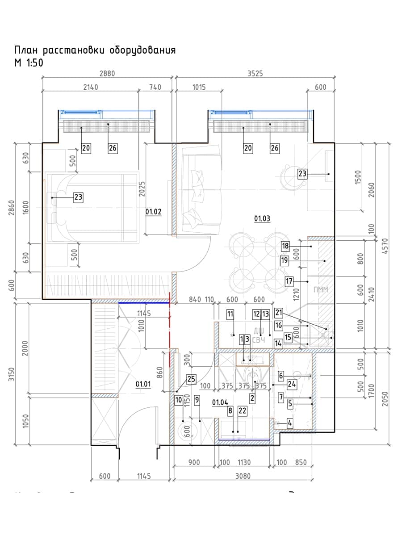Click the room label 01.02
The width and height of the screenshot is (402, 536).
pyautogui.click(x=153, y=212)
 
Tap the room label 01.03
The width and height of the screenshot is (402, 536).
pyautogui.click(x=262, y=218)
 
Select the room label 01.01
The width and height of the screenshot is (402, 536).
pyautogui.click(x=143, y=383)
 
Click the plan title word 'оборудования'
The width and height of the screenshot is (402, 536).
pyautogui.click(x=142, y=50)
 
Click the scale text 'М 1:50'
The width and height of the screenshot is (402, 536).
pyautogui.click(x=29, y=63)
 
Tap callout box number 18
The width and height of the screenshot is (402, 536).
pyautogui.click(x=286, y=246)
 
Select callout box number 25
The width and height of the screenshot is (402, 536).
pyautogui.click(x=192, y=380)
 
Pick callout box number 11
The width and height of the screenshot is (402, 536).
pyautogui.click(x=230, y=314)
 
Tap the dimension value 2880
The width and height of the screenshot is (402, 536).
pyautogui.click(x=107, y=74)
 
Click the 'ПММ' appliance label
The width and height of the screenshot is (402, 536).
pyautogui.click(x=321, y=290)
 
